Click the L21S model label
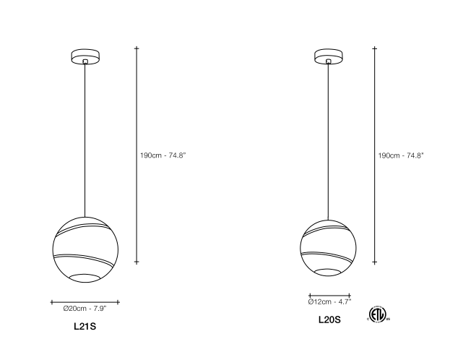point(85,326)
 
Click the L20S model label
point(329,320)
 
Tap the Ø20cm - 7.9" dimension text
point(85,309)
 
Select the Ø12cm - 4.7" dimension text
point(329,301)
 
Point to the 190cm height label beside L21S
point(163,155)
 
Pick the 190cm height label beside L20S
point(401,155)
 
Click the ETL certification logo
point(378,314)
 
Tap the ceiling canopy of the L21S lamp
point(85,56)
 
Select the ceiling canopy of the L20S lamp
point(329,56)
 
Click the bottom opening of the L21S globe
point(85,278)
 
